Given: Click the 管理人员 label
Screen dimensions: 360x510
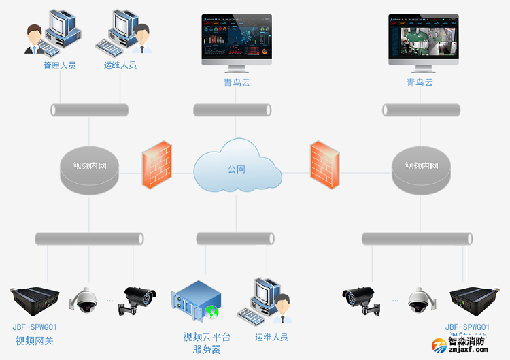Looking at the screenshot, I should pos(59,66).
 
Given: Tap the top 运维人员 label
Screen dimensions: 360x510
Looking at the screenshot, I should pos(120,65).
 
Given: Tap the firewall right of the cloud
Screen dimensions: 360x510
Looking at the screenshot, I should pos(324,164).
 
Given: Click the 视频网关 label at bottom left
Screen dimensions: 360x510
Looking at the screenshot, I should pos(34,340).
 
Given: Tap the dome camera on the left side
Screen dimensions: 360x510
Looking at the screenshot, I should pos(87,300).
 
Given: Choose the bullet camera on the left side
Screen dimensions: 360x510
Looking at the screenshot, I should pos(139,299).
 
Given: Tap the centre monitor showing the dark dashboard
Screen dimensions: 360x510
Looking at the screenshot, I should pos(236,40).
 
